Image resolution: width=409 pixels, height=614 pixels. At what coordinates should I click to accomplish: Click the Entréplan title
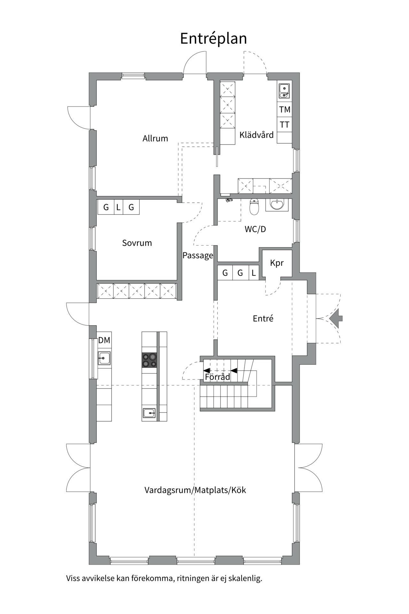click(213, 39)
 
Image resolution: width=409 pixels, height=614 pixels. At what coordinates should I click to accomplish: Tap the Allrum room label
click(155, 138)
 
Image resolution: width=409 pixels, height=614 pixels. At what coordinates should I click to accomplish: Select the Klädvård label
click(257, 135)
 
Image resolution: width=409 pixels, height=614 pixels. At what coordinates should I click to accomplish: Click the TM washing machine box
click(284, 110)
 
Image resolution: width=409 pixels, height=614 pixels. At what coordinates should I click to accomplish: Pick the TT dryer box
click(284, 125)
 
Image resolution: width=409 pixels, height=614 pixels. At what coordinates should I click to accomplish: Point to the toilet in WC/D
click(254, 207)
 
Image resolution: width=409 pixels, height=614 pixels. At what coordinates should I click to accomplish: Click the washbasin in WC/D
click(277, 205)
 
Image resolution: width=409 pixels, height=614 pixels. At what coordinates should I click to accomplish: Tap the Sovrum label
click(137, 243)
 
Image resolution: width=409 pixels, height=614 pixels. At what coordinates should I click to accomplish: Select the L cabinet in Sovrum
click(118, 207)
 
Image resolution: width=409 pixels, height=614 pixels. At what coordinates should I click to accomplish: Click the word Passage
click(198, 256)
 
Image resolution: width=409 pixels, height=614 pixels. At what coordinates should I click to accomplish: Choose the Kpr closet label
click(277, 263)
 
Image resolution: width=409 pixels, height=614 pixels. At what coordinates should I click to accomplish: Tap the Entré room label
click(263, 319)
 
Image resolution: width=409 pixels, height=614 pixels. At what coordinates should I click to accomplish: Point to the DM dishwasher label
click(104, 340)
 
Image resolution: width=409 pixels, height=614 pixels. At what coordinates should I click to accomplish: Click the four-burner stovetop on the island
click(150, 360)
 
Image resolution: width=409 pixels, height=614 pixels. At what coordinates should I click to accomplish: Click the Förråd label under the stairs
click(217, 377)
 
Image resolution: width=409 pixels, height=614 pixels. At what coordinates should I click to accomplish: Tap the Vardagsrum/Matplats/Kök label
click(195, 490)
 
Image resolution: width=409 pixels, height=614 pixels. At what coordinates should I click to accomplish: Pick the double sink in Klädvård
click(284, 91)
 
